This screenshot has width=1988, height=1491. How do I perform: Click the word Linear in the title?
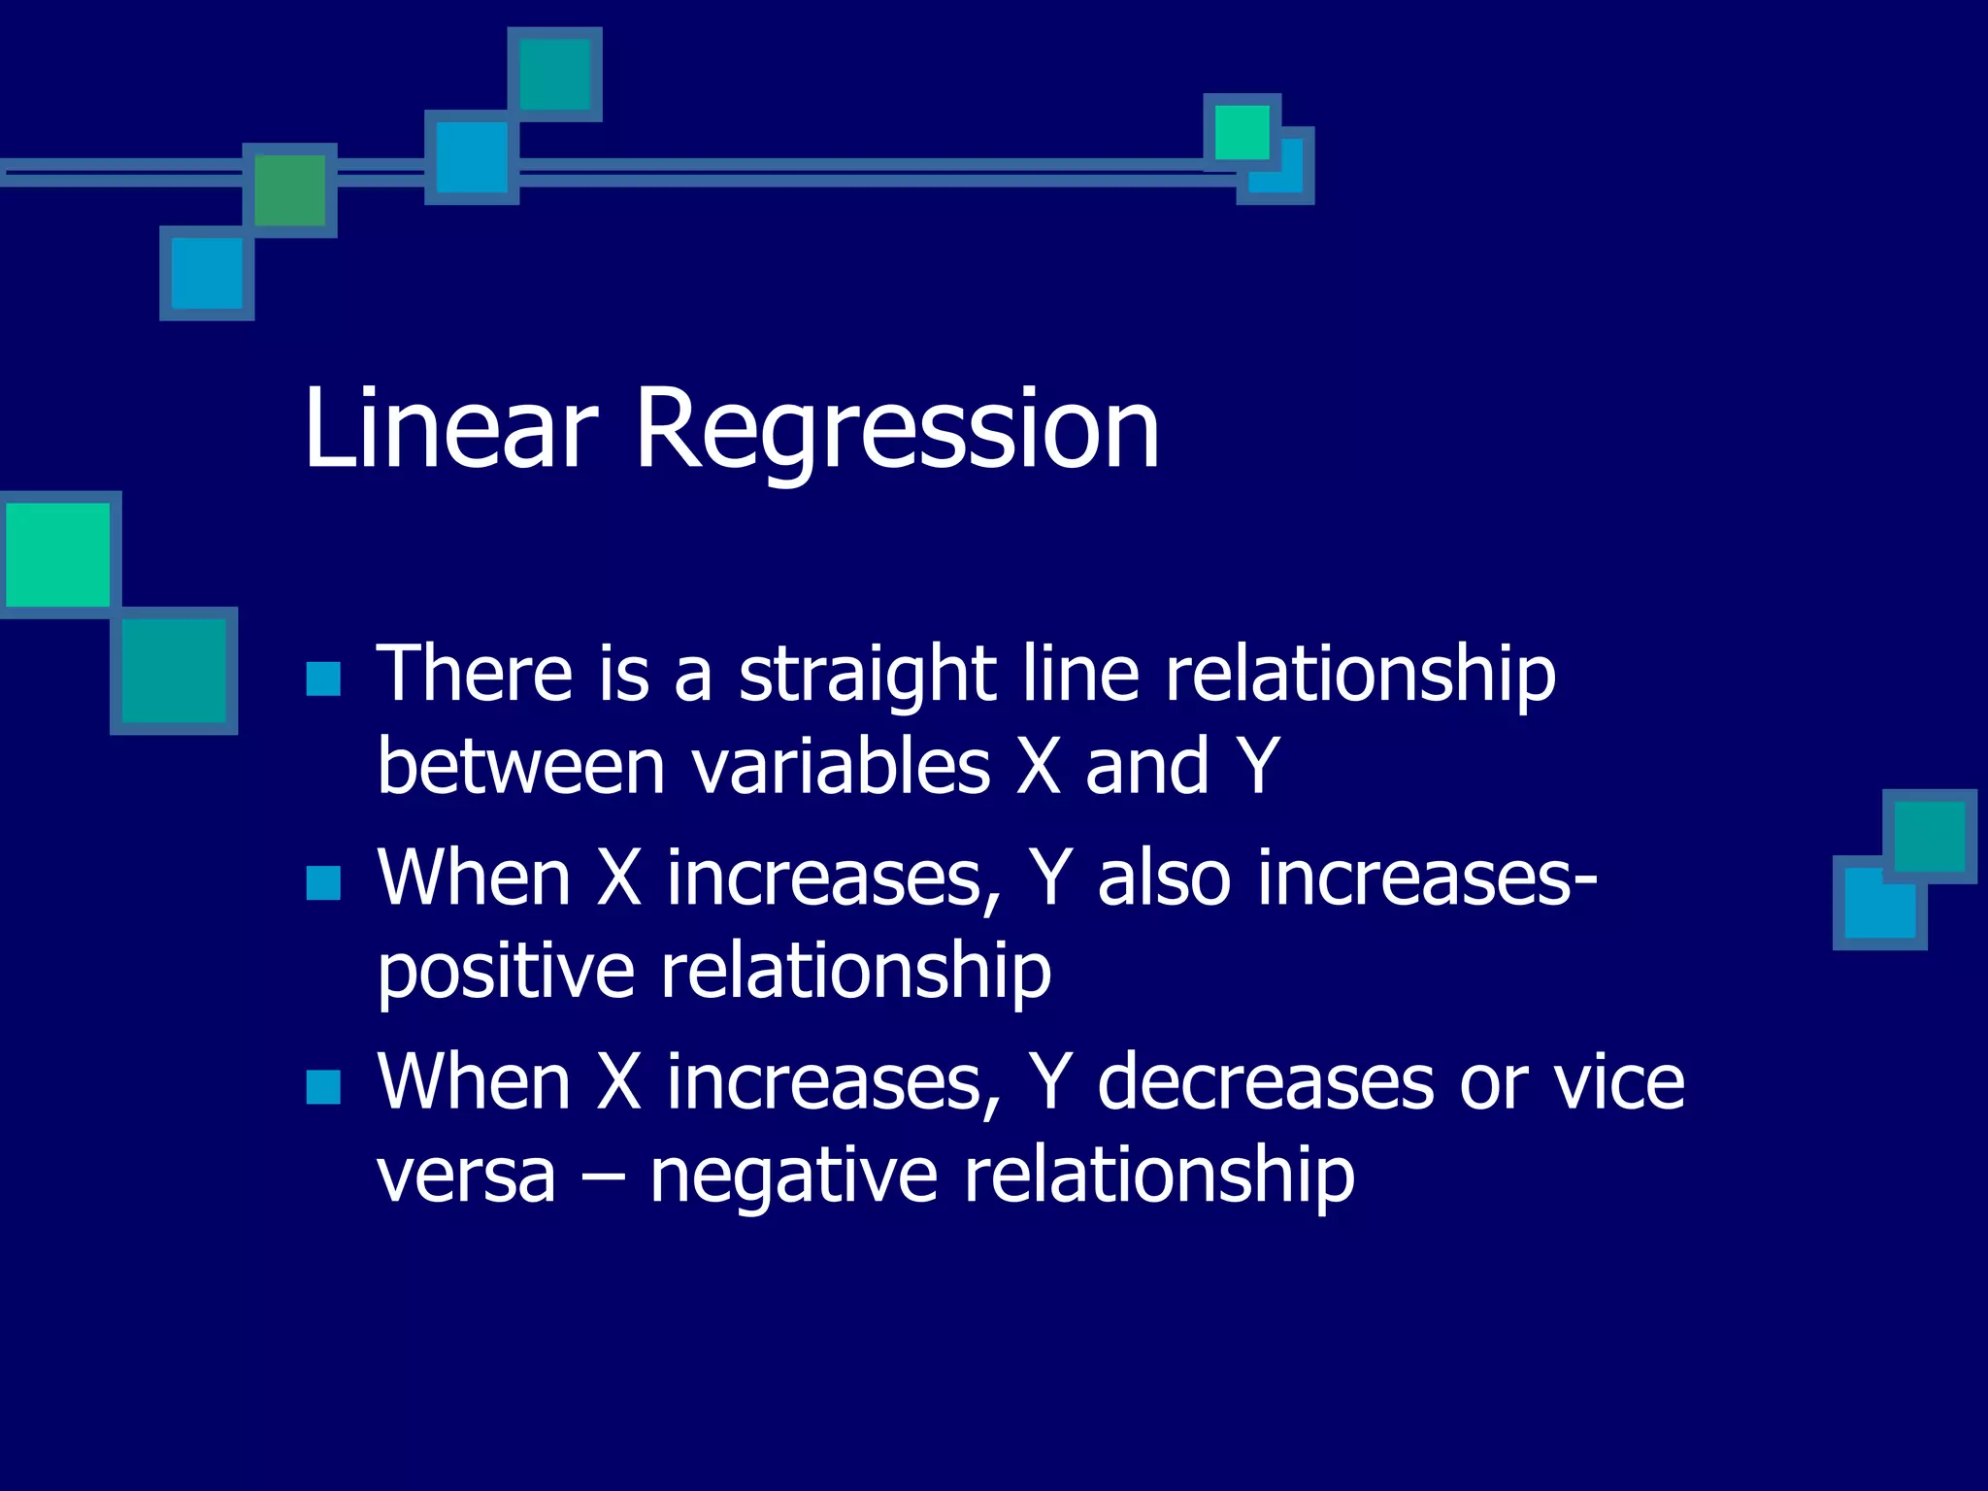tap(449, 429)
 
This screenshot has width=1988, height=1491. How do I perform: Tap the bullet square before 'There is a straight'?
tap(322, 679)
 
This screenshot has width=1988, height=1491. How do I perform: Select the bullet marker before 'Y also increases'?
tap(322, 883)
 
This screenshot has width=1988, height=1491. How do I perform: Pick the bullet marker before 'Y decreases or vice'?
tap(322, 1087)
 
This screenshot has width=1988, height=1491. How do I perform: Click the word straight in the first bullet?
tap(867, 675)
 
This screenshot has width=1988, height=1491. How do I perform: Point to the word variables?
tap(841, 767)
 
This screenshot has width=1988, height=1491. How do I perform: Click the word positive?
tap(506, 971)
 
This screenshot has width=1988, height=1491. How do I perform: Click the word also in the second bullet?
tap(1164, 878)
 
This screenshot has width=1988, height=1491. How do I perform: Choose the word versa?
tap(466, 1176)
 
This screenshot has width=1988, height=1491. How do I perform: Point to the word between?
tap(520, 767)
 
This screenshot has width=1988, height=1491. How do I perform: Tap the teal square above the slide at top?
tap(555, 74)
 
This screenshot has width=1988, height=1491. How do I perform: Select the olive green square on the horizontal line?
tap(289, 190)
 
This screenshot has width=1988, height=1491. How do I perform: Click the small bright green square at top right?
tap(1242, 131)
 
